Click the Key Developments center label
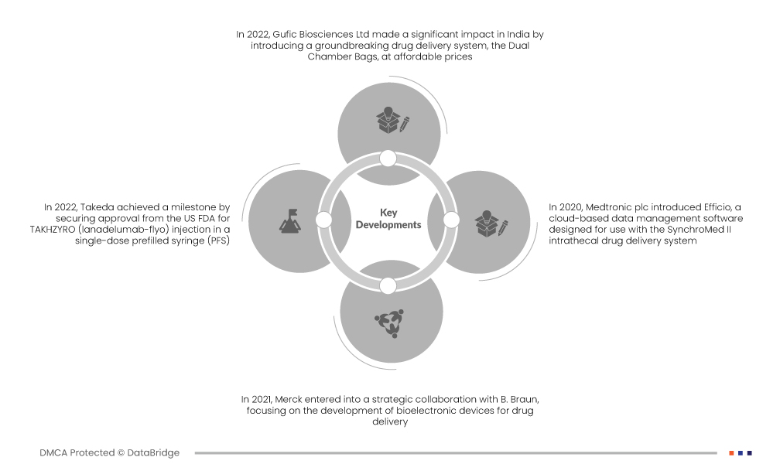[388, 219]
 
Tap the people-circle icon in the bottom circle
[390, 322]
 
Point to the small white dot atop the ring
[388, 159]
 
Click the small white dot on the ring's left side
[324, 220]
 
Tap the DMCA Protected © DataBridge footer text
[109, 453]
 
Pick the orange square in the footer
[731, 453]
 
